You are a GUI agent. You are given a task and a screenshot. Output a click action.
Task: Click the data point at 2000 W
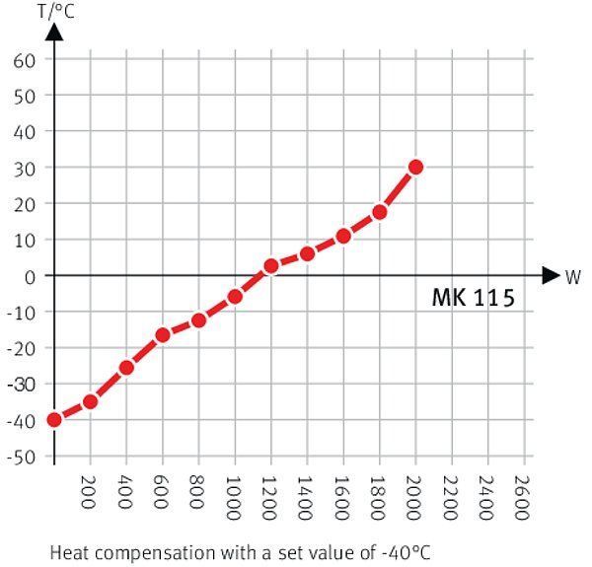(x=415, y=167)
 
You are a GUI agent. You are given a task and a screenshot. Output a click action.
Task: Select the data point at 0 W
(x=54, y=420)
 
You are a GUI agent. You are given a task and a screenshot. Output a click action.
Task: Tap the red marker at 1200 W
(x=271, y=266)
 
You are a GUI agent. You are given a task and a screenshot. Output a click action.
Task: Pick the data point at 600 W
(x=163, y=335)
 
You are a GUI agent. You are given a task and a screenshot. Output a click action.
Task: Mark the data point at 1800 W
(x=379, y=212)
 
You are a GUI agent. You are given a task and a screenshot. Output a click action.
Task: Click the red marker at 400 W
(x=126, y=368)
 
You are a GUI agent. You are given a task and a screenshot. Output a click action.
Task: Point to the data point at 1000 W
(x=235, y=296)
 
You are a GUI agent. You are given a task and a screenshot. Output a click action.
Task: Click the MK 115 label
(x=473, y=298)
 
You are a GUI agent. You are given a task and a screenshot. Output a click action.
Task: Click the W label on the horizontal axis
(x=572, y=276)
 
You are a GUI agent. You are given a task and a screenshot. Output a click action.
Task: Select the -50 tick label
(x=22, y=457)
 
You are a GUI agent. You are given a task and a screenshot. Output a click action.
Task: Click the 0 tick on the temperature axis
(x=30, y=276)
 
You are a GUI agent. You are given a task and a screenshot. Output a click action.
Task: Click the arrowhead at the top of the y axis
(x=54, y=30)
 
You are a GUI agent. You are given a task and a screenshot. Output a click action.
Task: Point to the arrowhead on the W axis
(x=551, y=276)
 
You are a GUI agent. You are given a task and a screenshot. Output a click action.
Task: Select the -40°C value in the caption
(x=404, y=550)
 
